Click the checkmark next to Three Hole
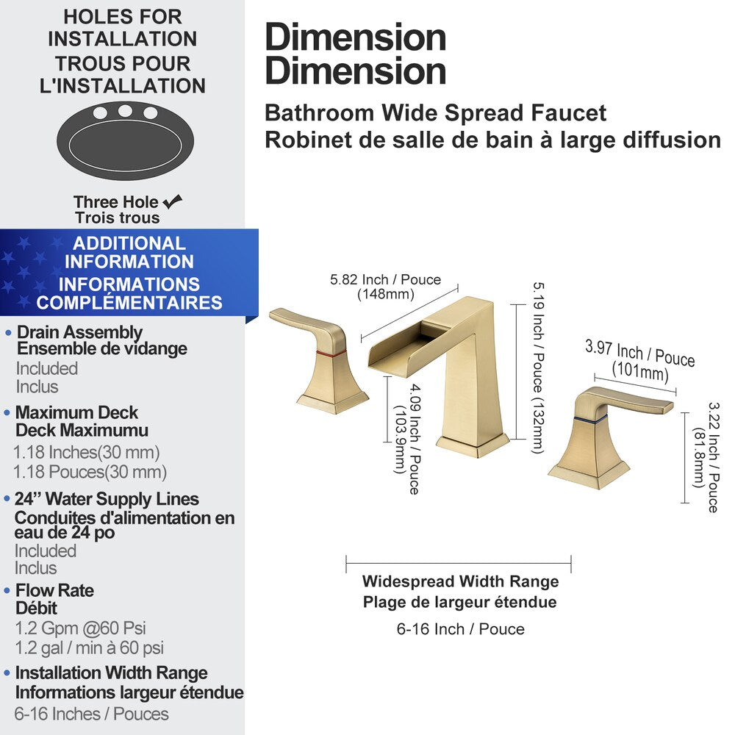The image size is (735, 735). (x=173, y=201)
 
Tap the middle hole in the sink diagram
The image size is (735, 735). (x=125, y=111)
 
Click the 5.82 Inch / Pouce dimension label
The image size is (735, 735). (x=385, y=279)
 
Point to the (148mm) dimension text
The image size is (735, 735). (x=386, y=294)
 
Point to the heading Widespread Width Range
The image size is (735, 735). (x=460, y=581)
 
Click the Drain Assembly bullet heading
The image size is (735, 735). (x=79, y=333)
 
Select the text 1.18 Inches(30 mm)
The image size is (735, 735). (x=87, y=453)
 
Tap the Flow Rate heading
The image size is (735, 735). (x=54, y=590)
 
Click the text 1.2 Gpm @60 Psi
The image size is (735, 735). (x=80, y=628)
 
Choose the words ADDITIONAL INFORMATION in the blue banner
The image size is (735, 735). (x=129, y=252)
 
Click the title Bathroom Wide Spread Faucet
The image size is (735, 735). (x=435, y=113)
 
